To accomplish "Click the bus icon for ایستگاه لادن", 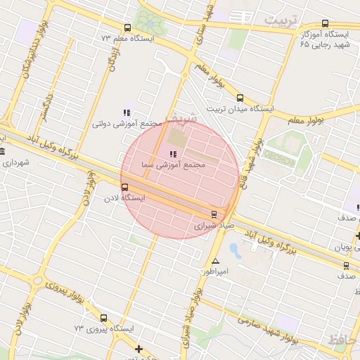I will pyautogui.click(x=125, y=187).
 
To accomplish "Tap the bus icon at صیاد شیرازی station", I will pyautogui.click(x=214, y=214).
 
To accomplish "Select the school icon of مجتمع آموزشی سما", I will pyautogui.click(x=173, y=153).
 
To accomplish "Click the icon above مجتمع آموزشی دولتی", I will pyautogui.click(x=127, y=112).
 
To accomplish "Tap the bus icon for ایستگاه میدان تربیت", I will pyautogui.click(x=240, y=98).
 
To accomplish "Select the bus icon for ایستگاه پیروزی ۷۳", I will pyautogui.click(x=104, y=318).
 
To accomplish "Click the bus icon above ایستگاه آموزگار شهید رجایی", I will pyautogui.click(x=324, y=23).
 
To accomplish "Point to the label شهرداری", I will pyautogui.click(x=16, y=162).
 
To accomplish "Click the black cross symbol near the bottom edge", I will pyautogui.click(x=139, y=349).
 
